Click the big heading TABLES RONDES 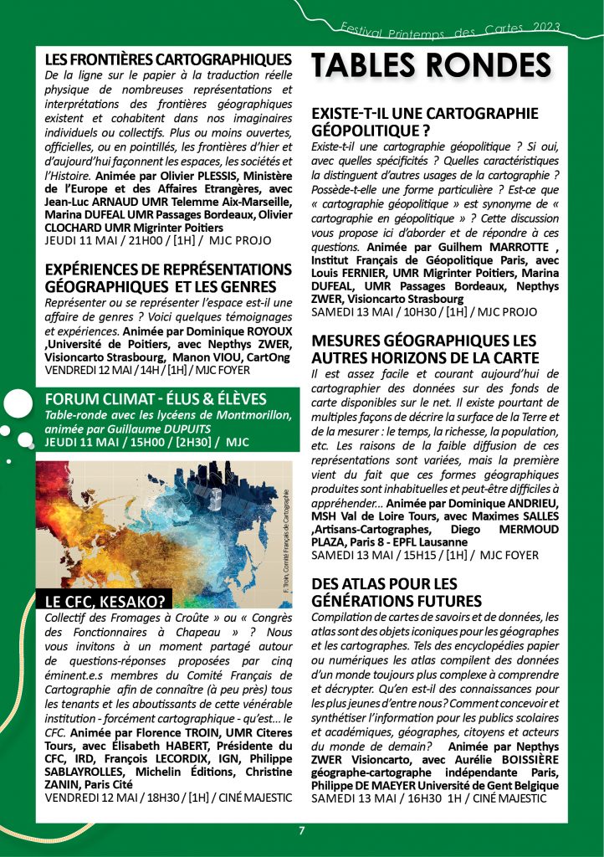(x=432, y=66)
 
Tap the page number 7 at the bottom (x=302, y=830)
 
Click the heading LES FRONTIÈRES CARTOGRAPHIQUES (x=167, y=59)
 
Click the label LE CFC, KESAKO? (x=105, y=598)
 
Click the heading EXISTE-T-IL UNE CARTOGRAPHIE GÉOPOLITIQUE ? (x=425, y=121)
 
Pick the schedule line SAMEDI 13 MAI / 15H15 (x=425, y=554)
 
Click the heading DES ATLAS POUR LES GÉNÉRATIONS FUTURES (x=397, y=592)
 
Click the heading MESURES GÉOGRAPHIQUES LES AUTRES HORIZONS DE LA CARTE (x=423, y=350)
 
